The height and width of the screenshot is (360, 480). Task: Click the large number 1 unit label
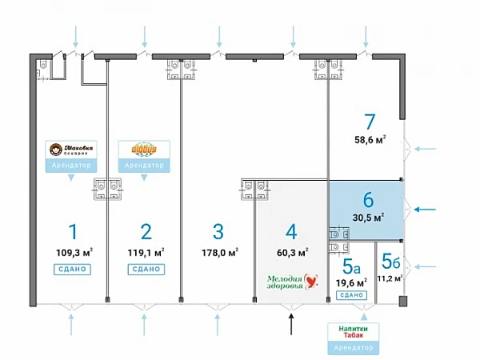point(73,232)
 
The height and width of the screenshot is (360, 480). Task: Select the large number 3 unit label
point(218,232)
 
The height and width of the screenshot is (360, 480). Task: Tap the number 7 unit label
point(369,122)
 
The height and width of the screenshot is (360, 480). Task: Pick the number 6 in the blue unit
point(368,199)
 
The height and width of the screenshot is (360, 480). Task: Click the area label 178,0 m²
point(220,254)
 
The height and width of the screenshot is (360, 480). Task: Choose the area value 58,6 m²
point(370,139)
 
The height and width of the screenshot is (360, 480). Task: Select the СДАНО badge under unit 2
point(145,270)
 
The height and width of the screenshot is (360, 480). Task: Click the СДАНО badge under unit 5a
point(350,295)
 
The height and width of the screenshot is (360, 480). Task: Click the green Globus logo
point(145,150)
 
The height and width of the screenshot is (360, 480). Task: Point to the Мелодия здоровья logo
point(293,282)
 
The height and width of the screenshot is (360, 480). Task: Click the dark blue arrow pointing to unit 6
point(430,210)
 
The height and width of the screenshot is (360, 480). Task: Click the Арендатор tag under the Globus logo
point(145,166)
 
